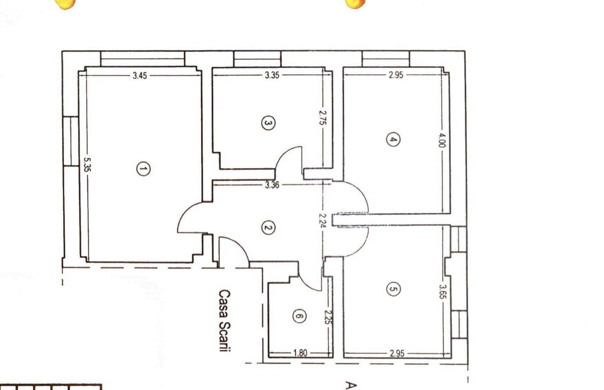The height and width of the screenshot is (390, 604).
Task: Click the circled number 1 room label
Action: (x=143, y=169)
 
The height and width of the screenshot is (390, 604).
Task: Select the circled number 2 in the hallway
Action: (x=268, y=227)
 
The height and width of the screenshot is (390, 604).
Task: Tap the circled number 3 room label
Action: (x=268, y=123)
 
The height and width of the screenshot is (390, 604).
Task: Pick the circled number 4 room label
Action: (x=393, y=139)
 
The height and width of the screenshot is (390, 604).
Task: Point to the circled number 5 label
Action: (x=393, y=289)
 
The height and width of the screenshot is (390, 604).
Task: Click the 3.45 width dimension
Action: (x=140, y=75)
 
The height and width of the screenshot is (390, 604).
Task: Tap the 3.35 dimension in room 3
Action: (x=272, y=75)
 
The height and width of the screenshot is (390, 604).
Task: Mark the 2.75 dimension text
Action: (x=323, y=117)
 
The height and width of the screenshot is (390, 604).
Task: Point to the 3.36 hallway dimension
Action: (x=272, y=185)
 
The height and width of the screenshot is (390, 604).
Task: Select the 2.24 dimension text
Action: (x=323, y=220)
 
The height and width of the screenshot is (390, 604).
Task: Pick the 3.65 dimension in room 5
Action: (x=442, y=291)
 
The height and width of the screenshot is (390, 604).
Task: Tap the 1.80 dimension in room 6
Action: (x=300, y=353)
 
